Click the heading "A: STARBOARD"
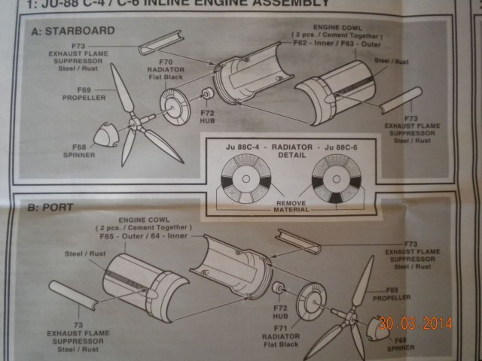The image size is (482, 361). [x=73, y=32]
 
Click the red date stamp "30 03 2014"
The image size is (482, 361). [x=415, y=324]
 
